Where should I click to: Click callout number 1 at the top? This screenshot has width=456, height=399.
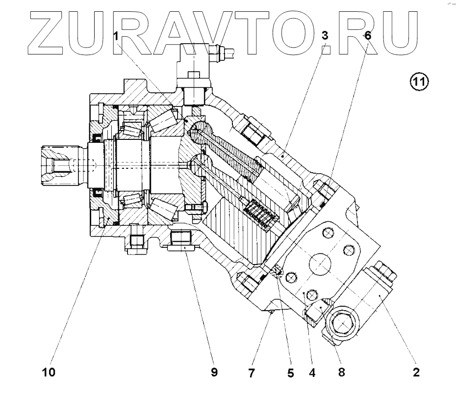tap(116, 36)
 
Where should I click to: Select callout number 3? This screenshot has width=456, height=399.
tap(324, 36)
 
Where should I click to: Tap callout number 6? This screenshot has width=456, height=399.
tap(368, 36)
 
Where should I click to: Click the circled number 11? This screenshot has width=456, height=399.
tap(419, 81)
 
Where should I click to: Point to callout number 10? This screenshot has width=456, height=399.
tap(49, 372)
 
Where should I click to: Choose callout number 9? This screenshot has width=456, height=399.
tap(214, 372)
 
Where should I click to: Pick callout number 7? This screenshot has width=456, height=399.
tap(252, 373)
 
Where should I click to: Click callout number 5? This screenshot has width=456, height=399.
tap(290, 373)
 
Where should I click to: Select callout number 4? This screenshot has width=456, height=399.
tap(312, 372)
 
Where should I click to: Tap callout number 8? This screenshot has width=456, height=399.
tap(341, 372)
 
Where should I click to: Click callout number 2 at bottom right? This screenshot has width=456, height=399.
tap(416, 372)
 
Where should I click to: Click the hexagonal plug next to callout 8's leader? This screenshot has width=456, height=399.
tap(343, 324)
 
